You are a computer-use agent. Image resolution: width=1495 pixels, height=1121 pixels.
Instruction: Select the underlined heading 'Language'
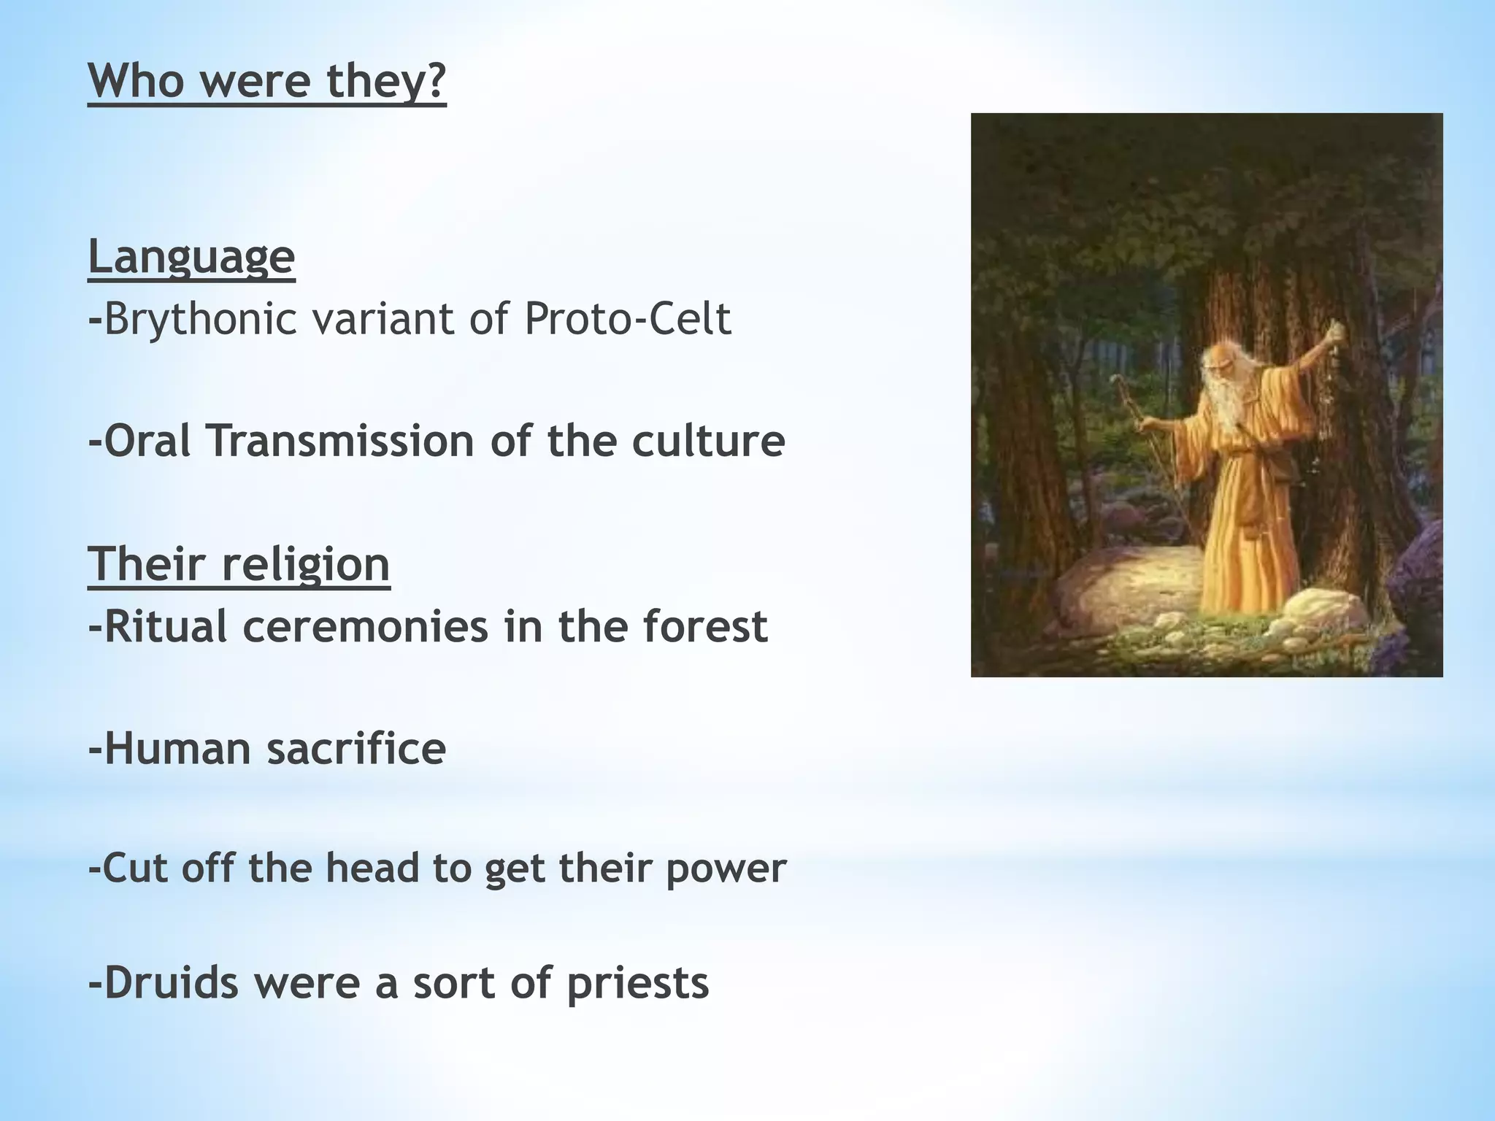pyautogui.click(x=191, y=257)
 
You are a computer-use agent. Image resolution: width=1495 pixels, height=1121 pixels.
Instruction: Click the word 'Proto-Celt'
pyautogui.click(x=627, y=319)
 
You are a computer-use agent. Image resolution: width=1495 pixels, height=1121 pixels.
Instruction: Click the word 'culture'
pyautogui.click(x=708, y=441)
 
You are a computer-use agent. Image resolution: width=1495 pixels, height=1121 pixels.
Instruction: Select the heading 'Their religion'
pyautogui.click(x=239, y=564)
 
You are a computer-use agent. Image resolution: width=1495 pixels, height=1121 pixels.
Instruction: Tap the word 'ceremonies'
pyautogui.click(x=365, y=626)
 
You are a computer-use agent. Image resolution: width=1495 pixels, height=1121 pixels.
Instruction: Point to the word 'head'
pyautogui.click(x=372, y=868)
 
